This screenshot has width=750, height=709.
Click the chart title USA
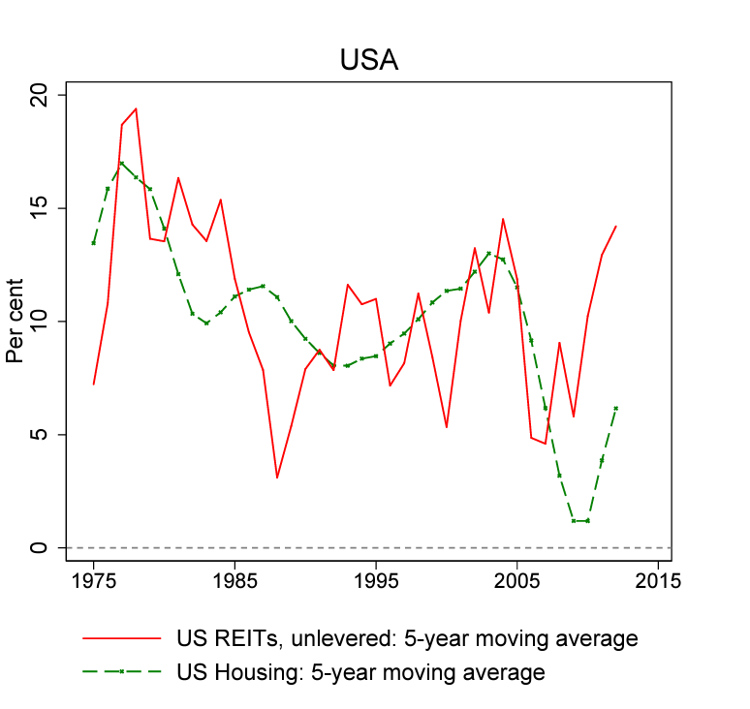(369, 60)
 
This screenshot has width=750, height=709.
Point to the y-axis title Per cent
(16, 322)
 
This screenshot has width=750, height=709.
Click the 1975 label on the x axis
(93, 583)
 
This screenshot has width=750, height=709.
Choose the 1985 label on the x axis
(234, 583)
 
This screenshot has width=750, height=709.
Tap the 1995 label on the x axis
(376, 583)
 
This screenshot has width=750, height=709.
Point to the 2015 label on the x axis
(658, 583)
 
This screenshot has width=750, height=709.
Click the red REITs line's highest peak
(136, 108)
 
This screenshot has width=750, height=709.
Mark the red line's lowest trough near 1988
(277, 478)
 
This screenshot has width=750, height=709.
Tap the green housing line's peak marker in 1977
(121, 163)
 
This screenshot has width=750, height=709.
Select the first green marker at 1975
(93, 243)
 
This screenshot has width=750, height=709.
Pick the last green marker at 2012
(615, 408)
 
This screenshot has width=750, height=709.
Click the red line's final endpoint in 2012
(615, 226)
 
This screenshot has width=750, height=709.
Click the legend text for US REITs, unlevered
(406, 638)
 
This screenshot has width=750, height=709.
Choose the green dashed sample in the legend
(122, 670)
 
